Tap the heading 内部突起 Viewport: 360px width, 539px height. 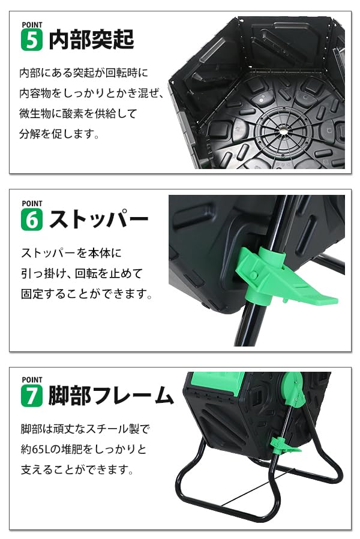pyautogui.click(x=91, y=40)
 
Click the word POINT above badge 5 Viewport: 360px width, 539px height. pyautogui.click(x=31, y=24)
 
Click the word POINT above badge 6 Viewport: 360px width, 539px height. pyautogui.click(x=31, y=204)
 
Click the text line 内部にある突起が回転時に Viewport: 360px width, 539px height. pyautogui.click(x=83, y=73)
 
